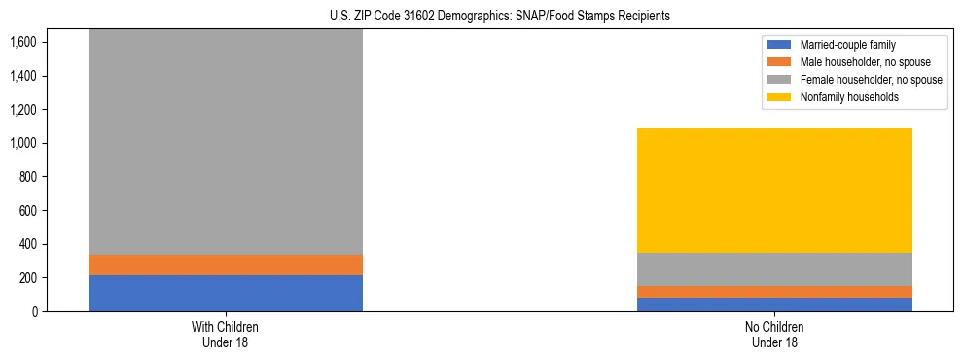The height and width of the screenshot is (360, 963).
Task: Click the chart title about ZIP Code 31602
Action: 481,17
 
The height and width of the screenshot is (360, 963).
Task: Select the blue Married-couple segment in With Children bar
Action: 226,293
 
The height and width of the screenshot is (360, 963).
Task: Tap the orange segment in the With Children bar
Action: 226,265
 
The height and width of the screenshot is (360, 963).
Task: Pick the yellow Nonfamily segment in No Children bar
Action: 775,191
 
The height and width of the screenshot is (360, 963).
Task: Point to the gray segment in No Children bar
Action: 775,270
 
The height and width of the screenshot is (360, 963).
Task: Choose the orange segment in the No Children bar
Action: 775,292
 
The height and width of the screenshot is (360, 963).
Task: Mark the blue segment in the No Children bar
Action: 775,305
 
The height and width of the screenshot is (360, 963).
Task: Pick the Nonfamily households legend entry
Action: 843,97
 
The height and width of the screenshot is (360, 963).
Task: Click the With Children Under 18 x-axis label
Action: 226,334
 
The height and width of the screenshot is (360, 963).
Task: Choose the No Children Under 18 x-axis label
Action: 775,334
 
